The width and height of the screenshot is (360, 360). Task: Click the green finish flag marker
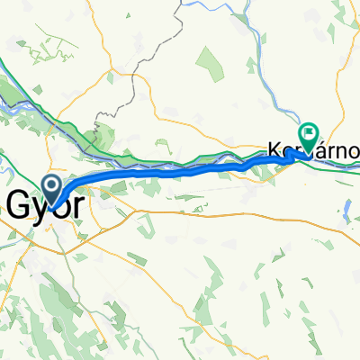pyautogui.click(x=310, y=136)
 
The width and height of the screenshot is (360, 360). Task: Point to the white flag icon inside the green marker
pyautogui.click(x=310, y=134)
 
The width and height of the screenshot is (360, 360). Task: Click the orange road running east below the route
pyautogui.click(x=225, y=217)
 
